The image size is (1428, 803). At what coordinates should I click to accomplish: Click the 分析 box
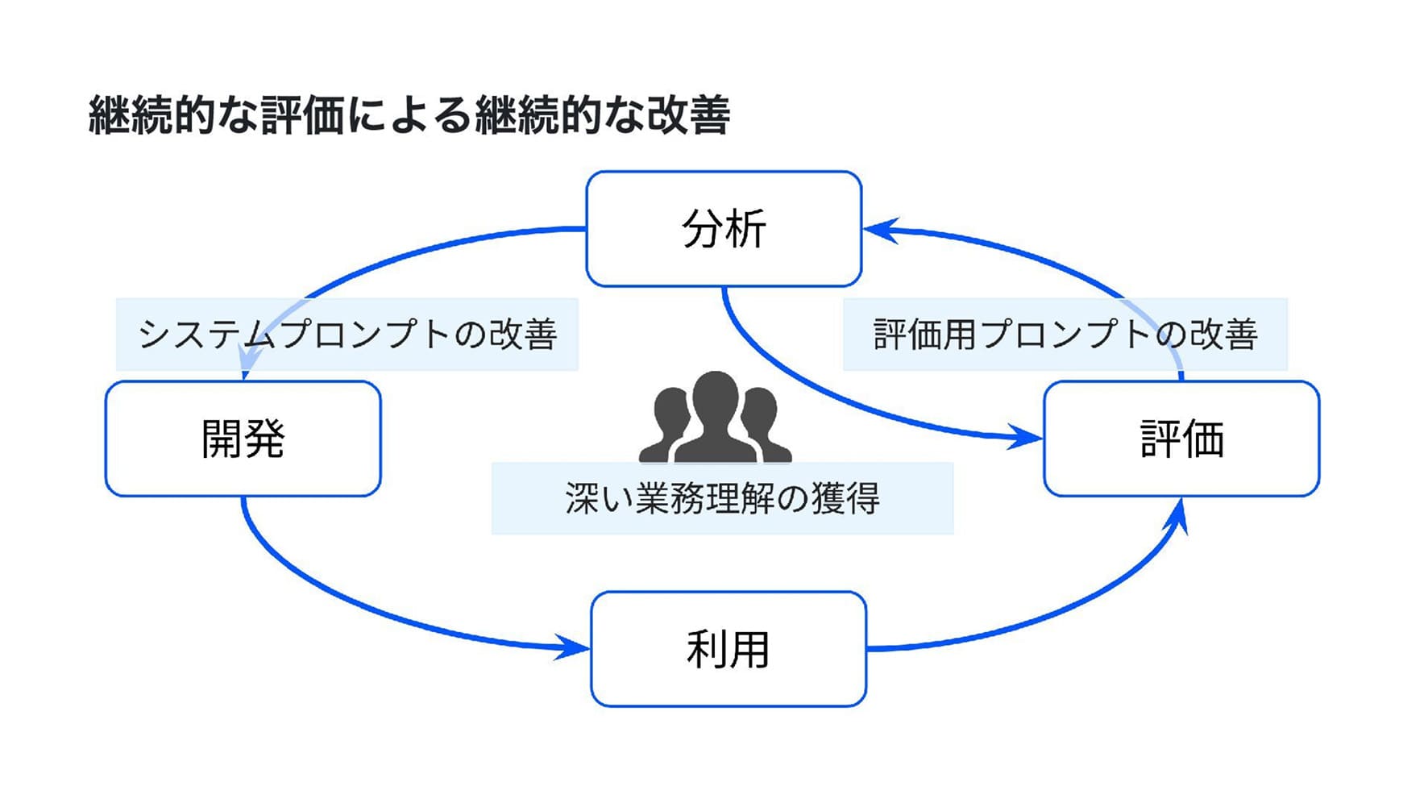pos(724,229)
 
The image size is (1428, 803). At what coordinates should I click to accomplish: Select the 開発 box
pos(243,439)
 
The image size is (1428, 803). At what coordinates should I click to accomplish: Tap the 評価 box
pos(1181,439)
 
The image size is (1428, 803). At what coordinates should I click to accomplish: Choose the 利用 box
pos(728,649)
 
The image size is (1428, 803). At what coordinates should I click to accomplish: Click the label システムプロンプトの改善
pos(347,335)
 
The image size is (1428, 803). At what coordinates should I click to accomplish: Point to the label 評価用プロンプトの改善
pos(1065,335)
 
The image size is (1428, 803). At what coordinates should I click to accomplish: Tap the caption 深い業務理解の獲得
pos(722,498)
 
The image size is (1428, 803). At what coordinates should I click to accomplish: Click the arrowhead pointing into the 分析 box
pos(878,230)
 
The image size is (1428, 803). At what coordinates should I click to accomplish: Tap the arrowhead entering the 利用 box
pos(574,647)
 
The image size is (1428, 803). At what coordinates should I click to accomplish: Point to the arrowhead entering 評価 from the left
pos(1027,438)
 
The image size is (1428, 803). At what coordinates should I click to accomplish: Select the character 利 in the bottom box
pos(706,649)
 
